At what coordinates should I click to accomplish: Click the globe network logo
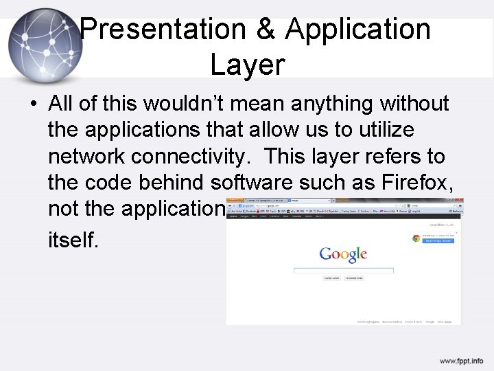pos(45,45)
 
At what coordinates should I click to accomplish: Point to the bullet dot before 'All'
pos(32,105)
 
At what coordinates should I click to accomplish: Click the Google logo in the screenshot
pos(343,255)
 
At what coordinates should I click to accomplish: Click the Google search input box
pos(343,270)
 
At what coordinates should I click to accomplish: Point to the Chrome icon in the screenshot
pos(416,238)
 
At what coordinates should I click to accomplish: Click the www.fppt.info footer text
pos(461,361)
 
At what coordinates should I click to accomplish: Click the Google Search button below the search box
pos(332,278)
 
